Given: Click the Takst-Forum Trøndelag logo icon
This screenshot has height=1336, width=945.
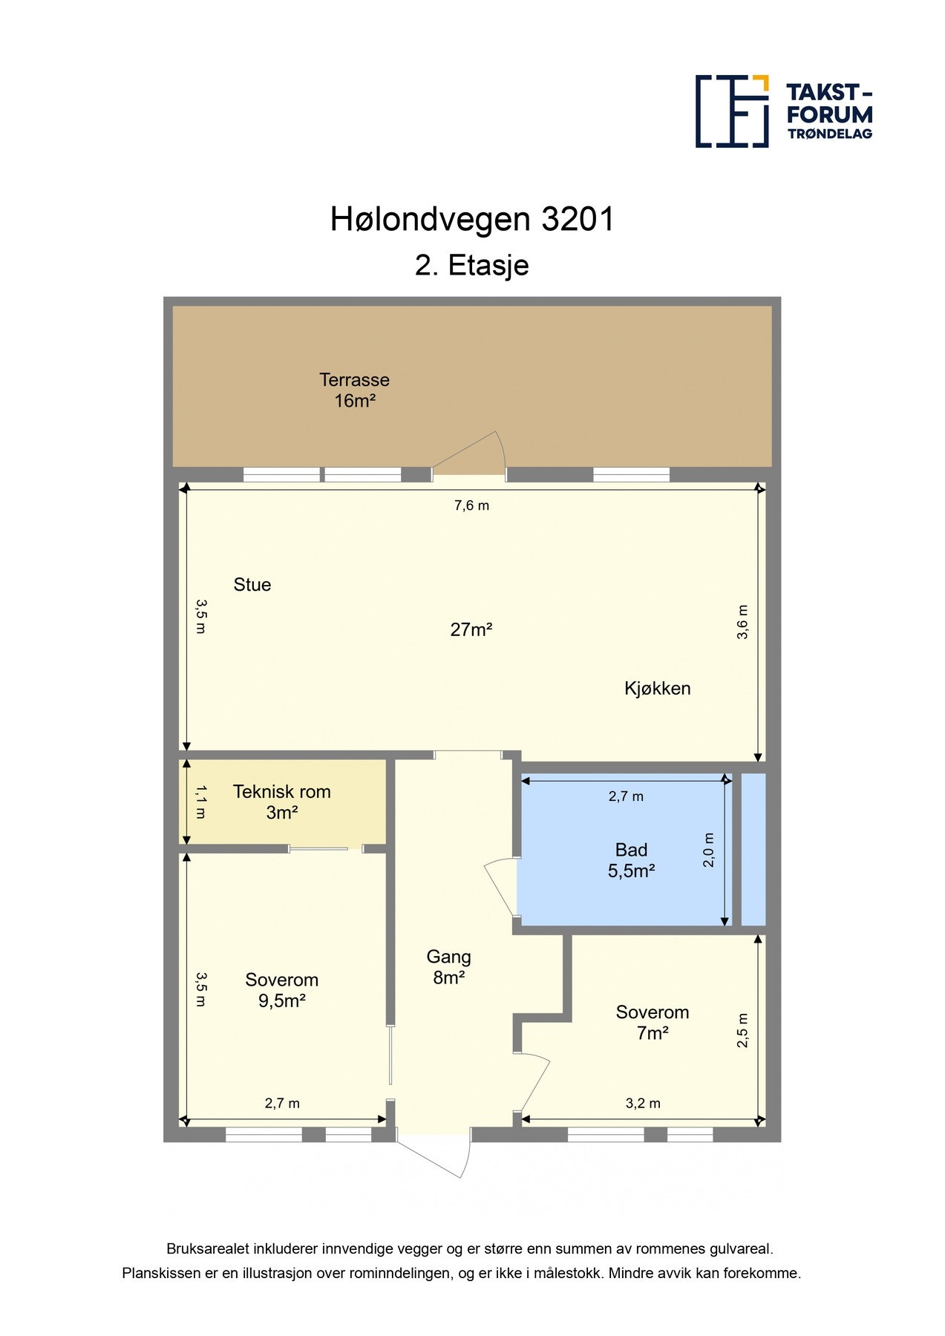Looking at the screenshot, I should click(x=732, y=111).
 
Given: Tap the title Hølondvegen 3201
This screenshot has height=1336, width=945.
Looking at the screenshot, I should click(x=472, y=220).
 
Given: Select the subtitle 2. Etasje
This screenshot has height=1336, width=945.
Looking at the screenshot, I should click(x=472, y=266).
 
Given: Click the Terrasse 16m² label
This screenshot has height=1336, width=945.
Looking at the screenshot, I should click(x=355, y=390).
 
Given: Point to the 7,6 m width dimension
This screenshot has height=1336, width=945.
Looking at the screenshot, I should click(x=472, y=505).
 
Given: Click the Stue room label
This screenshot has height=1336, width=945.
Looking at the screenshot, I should click(x=252, y=585).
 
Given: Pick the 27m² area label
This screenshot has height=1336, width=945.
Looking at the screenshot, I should click(x=471, y=629).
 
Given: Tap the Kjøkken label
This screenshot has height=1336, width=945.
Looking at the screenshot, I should click(x=657, y=689).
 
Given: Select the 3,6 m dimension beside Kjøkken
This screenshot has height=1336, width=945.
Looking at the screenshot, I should click(x=742, y=622).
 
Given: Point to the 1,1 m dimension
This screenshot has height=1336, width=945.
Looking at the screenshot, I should click(x=200, y=802).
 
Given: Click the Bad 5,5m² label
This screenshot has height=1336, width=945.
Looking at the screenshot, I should click(x=631, y=860).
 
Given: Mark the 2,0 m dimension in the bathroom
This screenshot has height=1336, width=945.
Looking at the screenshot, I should click(x=709, y=850).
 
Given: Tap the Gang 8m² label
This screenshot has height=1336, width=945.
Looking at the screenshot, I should click(x=449, y=967).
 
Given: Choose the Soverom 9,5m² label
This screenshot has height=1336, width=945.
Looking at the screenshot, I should click(x=282, y=990).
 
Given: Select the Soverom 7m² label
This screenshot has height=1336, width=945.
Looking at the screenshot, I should click(x=653, y=1022).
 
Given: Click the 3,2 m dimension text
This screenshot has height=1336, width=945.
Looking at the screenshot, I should click(x=643, y=1104).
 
